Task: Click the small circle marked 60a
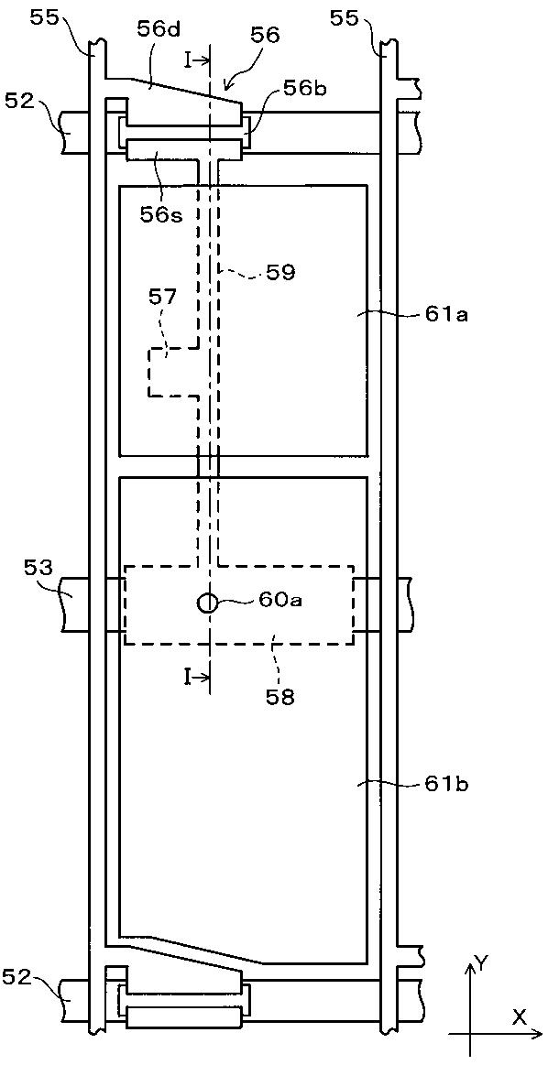[207, 602]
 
